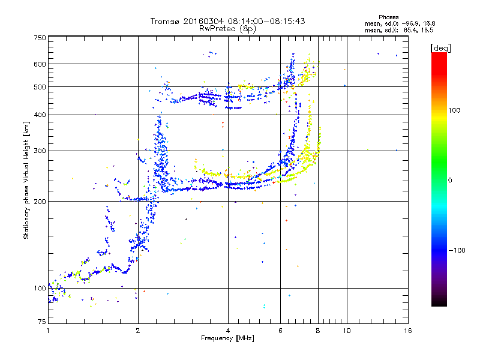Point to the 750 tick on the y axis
[40, 38]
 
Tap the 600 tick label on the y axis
[40, 64]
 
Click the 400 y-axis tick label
[40, 115]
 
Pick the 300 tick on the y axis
[40, 151]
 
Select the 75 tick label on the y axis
[41, 323]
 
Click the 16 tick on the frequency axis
[407, 331]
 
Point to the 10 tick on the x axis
[346, 331]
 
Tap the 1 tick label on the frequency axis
[48, 331]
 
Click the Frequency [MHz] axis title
[227, 339]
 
